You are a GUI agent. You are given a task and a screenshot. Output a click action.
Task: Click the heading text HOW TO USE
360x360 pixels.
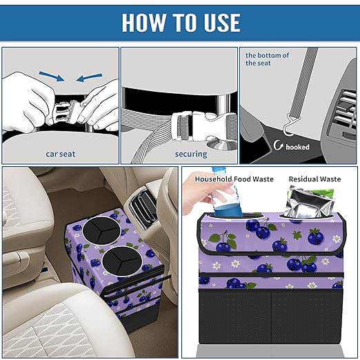[181, 23]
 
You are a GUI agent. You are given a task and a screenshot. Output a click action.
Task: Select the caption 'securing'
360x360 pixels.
[179, 154]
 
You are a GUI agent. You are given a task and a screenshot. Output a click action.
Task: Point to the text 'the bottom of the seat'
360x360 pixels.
[268, 59]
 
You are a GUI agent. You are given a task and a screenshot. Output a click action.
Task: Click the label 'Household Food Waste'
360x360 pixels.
[234, 179]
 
